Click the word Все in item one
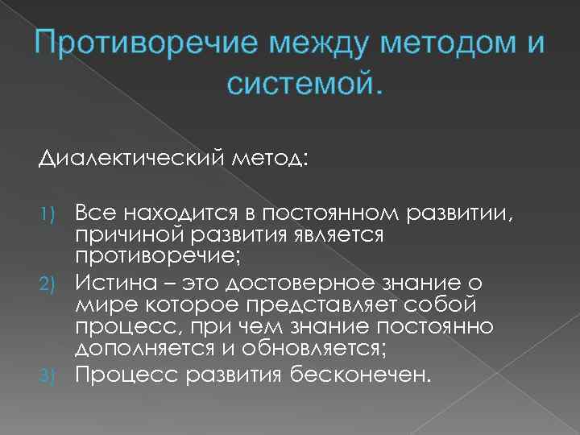point(94,213)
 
